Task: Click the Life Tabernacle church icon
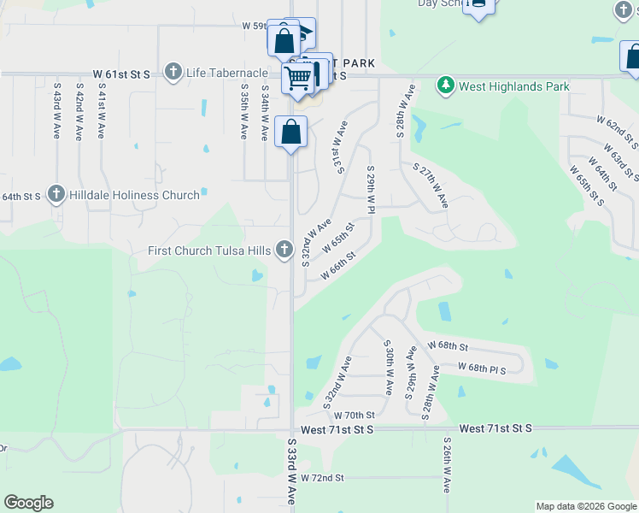point(173,72)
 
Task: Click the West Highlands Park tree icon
point(445,85)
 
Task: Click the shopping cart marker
point(298,77)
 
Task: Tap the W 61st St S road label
point(123,74)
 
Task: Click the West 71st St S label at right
point(495,427)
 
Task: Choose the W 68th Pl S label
point(482,369)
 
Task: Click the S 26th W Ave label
point(447,466)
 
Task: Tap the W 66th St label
point(337,263)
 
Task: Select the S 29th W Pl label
point(371,190)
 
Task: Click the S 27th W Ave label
point(430,186)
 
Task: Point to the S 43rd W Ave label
point(56,111)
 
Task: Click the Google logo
point(28,503)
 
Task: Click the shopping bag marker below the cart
point(291,133)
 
